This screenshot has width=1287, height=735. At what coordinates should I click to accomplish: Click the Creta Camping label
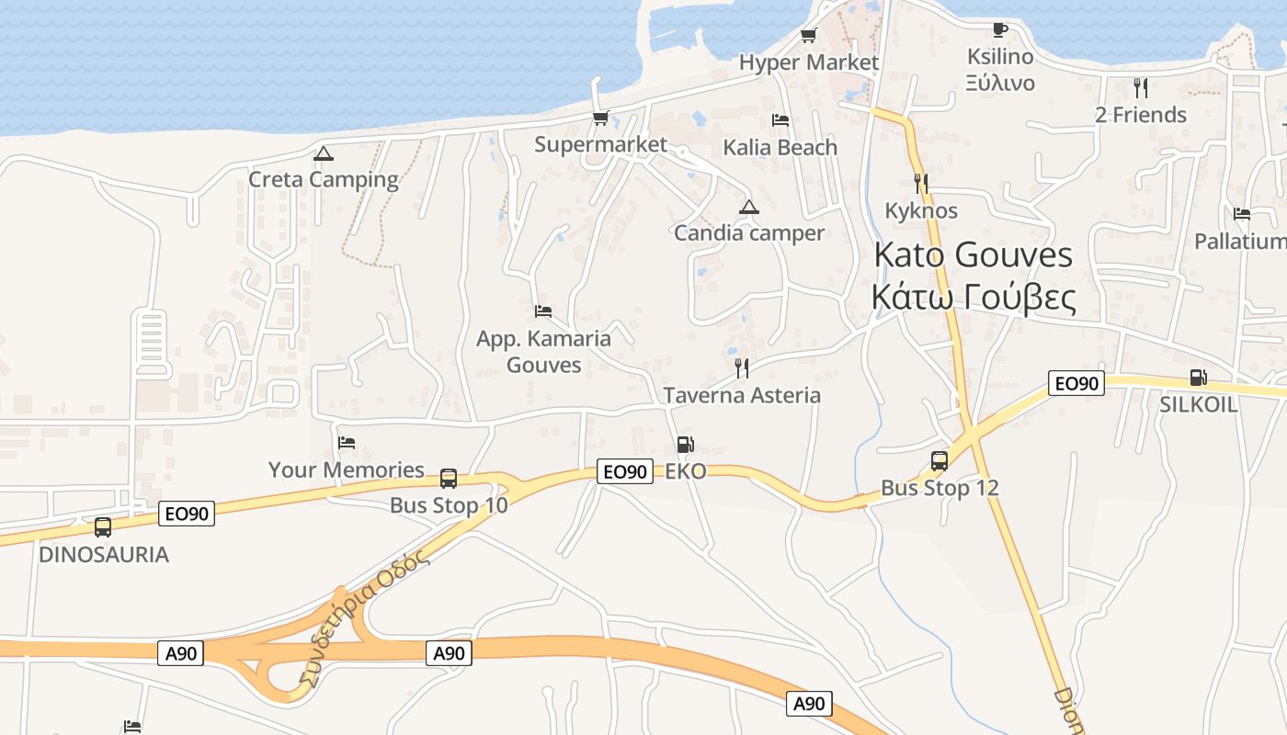[x=323, y=179]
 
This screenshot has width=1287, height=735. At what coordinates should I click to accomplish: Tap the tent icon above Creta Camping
[x=323, y=153]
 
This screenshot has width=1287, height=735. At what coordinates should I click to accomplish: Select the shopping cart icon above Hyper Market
[x=808, y=36]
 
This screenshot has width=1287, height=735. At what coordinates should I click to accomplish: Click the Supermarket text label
[x=600, y=144]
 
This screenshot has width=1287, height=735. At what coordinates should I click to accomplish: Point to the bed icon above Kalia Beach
[x=780, y=120]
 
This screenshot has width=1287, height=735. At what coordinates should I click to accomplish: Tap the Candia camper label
[x=749, y=233]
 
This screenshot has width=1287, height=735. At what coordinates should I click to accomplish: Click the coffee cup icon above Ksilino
[x=1000, y=29]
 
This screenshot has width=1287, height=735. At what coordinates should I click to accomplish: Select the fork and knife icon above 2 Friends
[x=1141, y=88]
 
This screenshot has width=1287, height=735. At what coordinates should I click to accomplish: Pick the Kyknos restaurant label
[x=921, y=210]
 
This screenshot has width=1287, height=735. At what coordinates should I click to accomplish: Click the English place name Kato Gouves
[x=973, y=254]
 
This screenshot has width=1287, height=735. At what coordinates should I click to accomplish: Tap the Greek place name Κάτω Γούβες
[x=973, y=297]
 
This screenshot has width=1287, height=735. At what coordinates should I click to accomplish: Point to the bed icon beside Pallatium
[x=1242, y=214]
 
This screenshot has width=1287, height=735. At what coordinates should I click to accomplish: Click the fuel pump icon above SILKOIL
[x=1198, y=377]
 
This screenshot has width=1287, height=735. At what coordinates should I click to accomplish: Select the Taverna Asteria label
[x=742, y=395]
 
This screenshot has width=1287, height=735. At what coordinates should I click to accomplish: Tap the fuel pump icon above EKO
[x=685, y=446]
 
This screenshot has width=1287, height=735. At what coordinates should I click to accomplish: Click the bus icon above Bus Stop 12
[x=940, y=461]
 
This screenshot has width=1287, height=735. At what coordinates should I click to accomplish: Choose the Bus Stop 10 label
[x=449, y=505]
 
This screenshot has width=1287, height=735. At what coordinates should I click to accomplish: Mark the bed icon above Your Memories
[x=347, y=443]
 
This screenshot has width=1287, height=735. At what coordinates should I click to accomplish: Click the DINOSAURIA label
[x=104, y=555]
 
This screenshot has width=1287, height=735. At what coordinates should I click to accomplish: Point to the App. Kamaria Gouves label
[x=543, y=352]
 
